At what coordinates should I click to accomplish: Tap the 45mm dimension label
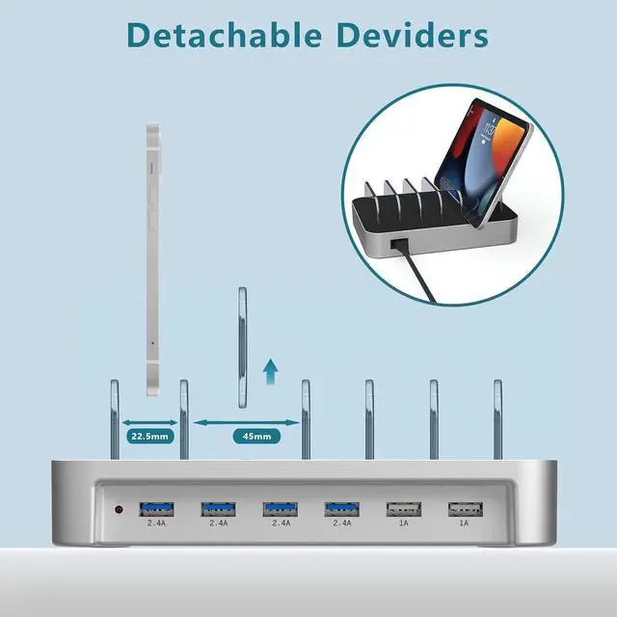click(257, 436)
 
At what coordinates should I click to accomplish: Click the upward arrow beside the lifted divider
click(271, 371)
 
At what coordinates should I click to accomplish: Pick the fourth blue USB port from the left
click(340, 507)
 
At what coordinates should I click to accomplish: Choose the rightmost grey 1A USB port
click(465, 507)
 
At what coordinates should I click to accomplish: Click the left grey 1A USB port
click(402, 507)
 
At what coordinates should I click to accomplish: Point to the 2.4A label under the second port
click(217, 523)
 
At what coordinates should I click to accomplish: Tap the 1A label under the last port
click(465, 523)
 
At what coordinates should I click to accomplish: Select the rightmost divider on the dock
click(497, 418)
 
